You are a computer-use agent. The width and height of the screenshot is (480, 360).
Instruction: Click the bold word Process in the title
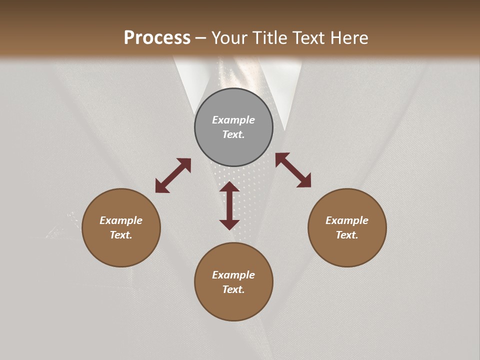157,38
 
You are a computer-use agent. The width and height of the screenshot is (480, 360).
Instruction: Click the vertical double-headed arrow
229,205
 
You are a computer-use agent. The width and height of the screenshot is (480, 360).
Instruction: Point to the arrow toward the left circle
173,175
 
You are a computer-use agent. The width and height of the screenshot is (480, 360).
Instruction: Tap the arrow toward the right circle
293,170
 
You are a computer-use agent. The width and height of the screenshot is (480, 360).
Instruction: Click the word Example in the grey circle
233,120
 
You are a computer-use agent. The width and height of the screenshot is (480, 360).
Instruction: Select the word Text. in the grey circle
233,134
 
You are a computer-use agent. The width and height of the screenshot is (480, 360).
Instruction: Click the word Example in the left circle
121,220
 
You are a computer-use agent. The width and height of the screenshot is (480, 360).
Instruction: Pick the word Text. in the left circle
121,235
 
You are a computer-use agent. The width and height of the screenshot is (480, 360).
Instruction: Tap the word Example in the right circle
347,220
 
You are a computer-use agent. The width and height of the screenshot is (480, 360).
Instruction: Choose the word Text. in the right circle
347,235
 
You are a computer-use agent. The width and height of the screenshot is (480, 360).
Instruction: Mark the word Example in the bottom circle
233,275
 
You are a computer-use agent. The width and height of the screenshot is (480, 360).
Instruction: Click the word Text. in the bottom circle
233,289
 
